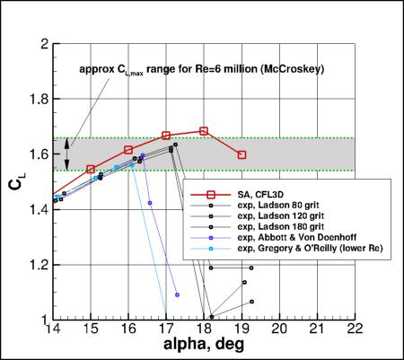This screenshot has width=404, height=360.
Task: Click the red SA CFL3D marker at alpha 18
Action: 204,131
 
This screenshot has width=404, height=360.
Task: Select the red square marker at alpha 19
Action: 242,154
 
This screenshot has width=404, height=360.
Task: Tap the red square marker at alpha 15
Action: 91,169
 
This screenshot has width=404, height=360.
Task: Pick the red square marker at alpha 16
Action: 128,150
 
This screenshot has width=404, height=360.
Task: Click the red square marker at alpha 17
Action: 166,136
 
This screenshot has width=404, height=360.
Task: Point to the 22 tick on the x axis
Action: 355,329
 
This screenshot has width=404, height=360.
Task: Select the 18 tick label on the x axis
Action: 204,329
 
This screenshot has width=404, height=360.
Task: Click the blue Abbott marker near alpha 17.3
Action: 178,294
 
